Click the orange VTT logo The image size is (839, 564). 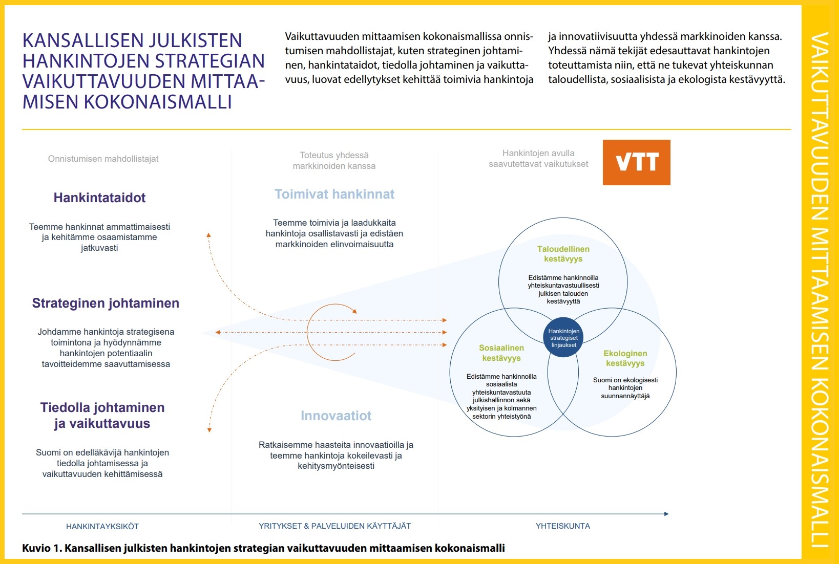pyautogui.click(x=636, y=162)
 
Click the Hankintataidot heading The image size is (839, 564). pyautogui.click(x=99, y=198)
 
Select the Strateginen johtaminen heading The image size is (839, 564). pyautogui.click(x=106, y=303)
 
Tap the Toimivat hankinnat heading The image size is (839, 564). pyautogui.click(x=334, y=194)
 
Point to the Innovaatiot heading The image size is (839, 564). pyautogui.click(x=336, y=416)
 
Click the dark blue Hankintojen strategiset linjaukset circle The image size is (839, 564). pyautogui.click(x=563, y=338)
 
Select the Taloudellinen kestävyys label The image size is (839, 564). pyautogui.click(x=563, y=254)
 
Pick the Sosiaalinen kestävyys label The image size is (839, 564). pyautogui.click(x=501, y=353)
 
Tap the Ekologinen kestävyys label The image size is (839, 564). pyautogui.click(x=625, y=358)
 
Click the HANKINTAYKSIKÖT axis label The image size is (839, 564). pyautogui.click(x=102, y=527)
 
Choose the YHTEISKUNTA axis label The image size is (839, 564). pyautogui.click(x=562, y=526)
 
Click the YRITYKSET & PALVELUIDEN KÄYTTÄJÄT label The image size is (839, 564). pyautogui.click(x=334, y=526)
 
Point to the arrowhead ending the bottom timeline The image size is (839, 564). pyautogui.click(x=666, y=514)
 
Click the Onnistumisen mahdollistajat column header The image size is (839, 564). pyautogui.click(x=103, y=159)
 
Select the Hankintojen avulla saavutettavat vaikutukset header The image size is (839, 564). pyautogui.click(x=538, y=159)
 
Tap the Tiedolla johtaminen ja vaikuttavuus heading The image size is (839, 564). pyautogui.click(x=102, y=416)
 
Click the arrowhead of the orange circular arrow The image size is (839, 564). pyautogui.click(x=354, y=311)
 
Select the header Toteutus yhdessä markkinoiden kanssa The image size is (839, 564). pyautogui.click(x=334, y=161)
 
